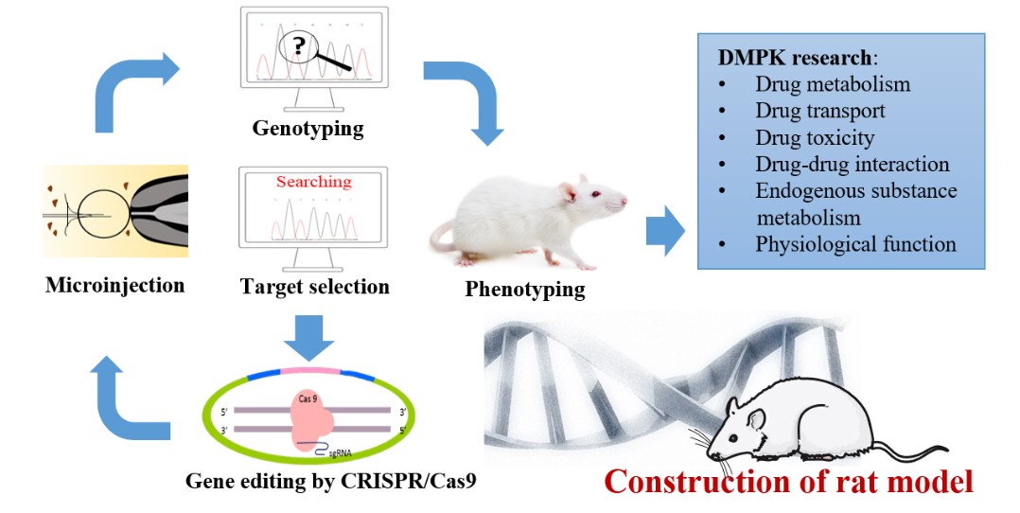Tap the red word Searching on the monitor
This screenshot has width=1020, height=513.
coord(313,181)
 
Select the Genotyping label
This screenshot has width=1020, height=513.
coord(308,129)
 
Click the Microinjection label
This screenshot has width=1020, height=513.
coord(114,284)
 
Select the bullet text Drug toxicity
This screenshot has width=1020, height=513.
coord(815,137)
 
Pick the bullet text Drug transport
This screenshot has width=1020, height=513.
coord(820,111)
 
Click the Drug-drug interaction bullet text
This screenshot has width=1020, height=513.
coord(852,164)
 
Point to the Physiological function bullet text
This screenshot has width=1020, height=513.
coord(855,244)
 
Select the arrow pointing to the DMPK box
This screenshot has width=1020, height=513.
coord(665,233)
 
